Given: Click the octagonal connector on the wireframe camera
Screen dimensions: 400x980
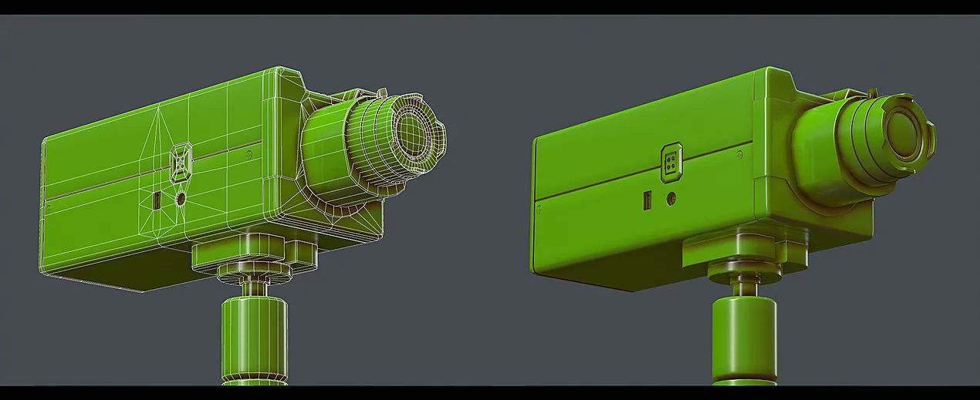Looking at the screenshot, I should tap(181, 162).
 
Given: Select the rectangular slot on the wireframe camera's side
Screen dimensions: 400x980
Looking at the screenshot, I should tap(157, 201).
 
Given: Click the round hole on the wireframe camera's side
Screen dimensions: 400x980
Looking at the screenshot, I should tap(181, 198).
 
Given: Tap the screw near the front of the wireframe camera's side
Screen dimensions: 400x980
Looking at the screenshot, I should tap(248, 154).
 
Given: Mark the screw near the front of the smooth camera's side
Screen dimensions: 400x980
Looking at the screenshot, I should tap(739, 155).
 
